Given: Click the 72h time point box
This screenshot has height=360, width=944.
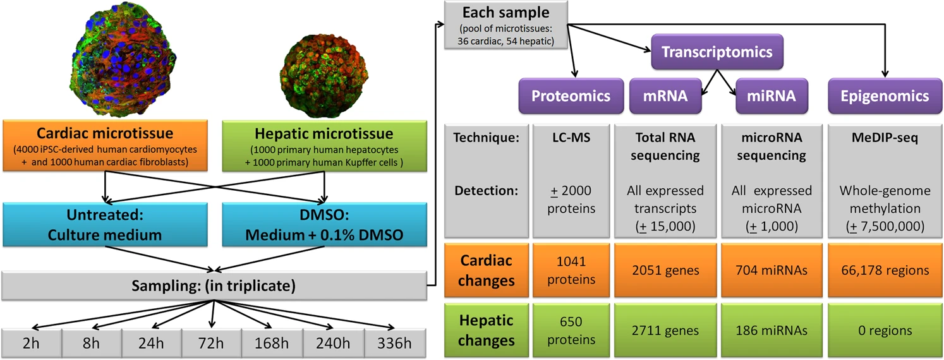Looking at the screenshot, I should [x=210, y=344].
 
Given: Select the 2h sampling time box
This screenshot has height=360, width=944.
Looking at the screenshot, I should [x=31, y=344].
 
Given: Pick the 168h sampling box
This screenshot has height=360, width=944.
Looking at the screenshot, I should [x=270, y=344].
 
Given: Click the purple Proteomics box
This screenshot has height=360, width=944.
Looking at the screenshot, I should [x=571, y=96].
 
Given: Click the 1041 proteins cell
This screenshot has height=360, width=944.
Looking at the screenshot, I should [x=571, y=270].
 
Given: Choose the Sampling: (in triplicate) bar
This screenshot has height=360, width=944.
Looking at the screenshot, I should [x=213, y=285].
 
